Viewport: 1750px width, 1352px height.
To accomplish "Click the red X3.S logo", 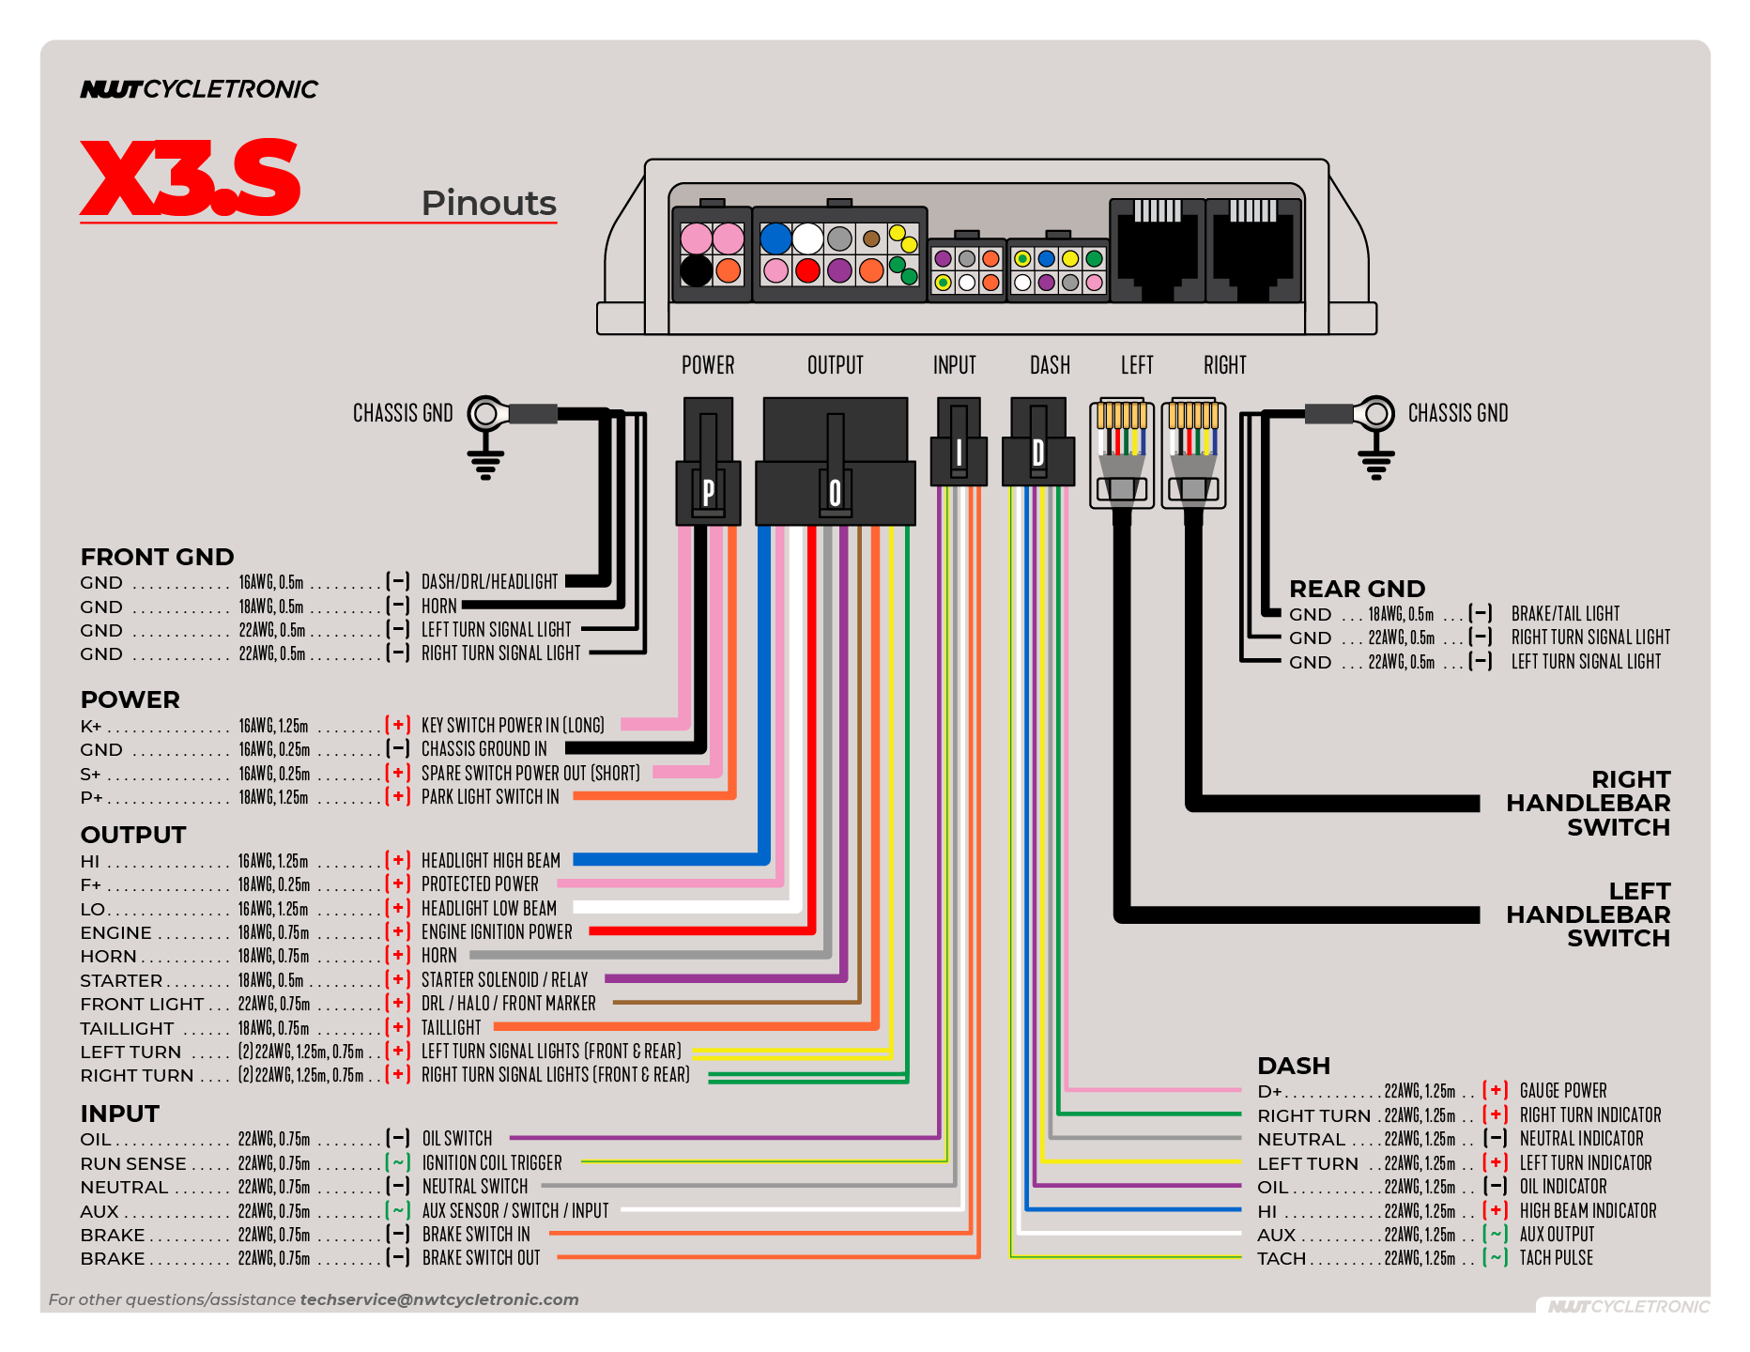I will pyautogui.click(x=191, y=178).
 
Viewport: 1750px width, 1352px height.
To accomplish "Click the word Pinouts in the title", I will pyautogui.click(x=488, y=203).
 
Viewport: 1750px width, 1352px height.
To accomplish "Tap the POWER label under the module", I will pyautogui.click(x=708, y=365).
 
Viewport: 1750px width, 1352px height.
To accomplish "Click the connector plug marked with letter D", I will pyautogui.click(x=1037, y=453).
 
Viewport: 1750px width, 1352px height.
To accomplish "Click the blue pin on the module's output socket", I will pyautogui.click(x=775, y=238).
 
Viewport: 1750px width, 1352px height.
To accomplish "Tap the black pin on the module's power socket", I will pyautogui.click(x=696, y=270).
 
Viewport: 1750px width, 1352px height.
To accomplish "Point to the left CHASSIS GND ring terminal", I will pyautogui.click(x=486, y=413).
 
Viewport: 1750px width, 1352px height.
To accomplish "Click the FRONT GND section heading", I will pyautogui.click(x=157, y=557).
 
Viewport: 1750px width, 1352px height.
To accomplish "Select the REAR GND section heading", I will pyautogui.click(x=1357, y=589).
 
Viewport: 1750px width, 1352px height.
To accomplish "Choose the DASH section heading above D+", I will pyautogui.click(x=1294, y=1066).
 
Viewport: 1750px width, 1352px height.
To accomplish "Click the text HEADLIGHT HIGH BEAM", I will pyautogui.click(x=490, y=861).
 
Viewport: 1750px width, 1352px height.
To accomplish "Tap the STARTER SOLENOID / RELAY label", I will pyautogui.click(x=504, y=980).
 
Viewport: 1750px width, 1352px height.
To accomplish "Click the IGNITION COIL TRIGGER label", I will pyautogui.click(x=492, y=1163).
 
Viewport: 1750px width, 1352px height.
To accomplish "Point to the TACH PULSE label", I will pyautogui.click(x=1556, y=1258).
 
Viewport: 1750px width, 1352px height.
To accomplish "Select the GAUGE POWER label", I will pyautogui.click(x=1563, y=1091).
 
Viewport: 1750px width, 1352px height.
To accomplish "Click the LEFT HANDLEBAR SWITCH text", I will pyautogui.click(x=1588, y=914).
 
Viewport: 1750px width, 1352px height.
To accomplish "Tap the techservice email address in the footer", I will pyautogui.click(x=439, y=1299).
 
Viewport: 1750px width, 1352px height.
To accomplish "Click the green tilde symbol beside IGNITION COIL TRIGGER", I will pyautogui.click(x=399, y=1162).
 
